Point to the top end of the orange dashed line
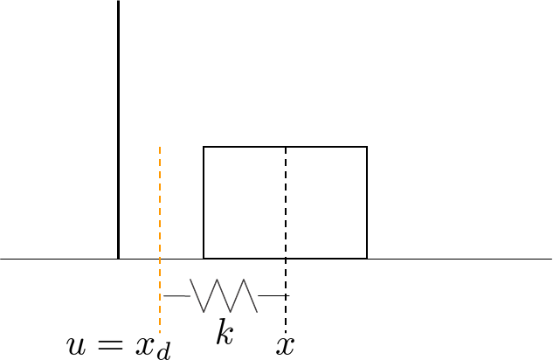(160, 147)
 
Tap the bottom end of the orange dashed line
(160, 333)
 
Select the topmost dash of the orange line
(160, 149)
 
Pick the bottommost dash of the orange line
(160, 330)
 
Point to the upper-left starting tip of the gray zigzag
(190, 280)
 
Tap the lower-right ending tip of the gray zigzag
(257, 311)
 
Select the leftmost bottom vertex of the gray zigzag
(204, 312)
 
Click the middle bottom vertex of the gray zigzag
(231, 312)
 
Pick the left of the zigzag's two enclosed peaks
(218, 280)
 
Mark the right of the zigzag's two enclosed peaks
(245, 280)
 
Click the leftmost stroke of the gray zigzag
(197, 295)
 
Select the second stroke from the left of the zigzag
(211, 295)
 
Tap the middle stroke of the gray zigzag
(224, 295)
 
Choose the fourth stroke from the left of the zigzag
(238, 295)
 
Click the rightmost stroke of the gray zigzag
(251, 295)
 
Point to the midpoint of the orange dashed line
(160, 240)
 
